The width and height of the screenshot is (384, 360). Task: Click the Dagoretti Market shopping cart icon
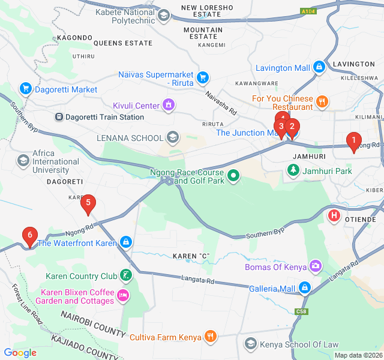pos(25,89)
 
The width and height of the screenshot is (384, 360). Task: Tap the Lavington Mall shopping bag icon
pos(319,67)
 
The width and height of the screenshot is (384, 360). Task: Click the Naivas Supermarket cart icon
pos(203,77)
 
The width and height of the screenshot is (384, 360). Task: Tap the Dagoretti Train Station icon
pos(59,117)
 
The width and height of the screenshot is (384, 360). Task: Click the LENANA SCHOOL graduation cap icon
pos(173,137)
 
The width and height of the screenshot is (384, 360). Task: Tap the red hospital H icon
pos(334,215)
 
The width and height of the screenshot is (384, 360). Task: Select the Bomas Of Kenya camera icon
pos(316,266)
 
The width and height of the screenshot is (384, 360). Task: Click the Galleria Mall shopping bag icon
pos(305,289)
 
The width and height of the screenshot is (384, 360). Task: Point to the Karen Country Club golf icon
pos(125,276)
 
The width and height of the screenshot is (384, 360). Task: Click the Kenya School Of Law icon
pos(250,344)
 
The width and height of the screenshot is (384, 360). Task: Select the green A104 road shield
pos(308,11)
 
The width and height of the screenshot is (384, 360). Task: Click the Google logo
pos(20,353)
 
